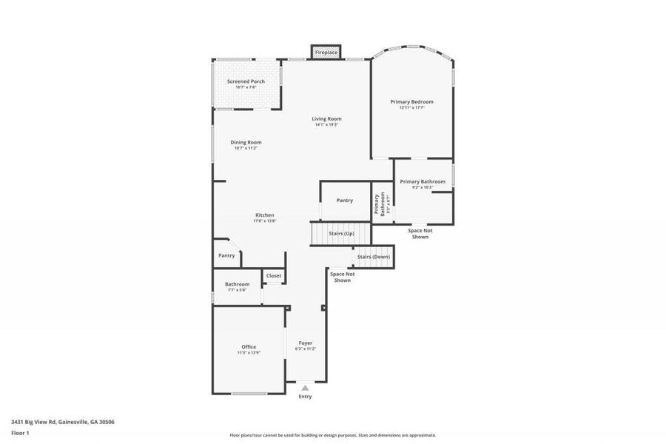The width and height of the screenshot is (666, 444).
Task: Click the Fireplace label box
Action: point(326,53)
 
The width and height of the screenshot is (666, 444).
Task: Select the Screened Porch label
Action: point(246,81)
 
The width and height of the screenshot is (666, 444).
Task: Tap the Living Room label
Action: point(326,118)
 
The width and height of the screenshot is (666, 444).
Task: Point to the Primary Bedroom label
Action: point(411,101)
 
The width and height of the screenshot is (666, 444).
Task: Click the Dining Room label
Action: point(246,142)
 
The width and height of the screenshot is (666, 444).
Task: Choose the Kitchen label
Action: point(264,215)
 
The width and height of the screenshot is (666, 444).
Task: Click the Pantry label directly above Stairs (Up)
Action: point(344,200)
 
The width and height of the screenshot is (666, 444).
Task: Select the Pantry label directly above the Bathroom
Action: point(226,255)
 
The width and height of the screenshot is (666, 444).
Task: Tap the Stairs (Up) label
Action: point(341,233)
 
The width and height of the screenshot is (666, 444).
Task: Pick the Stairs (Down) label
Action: point(373,257)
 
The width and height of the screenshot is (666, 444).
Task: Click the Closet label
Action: point(274,275)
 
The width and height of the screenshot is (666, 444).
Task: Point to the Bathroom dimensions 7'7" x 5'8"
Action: point(237,290)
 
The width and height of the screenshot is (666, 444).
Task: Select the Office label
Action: point(249,346)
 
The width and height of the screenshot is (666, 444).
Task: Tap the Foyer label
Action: point(305,343)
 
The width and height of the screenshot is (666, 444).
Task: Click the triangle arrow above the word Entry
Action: point(305,387)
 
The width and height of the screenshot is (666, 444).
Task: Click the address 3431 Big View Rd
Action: point(62,421)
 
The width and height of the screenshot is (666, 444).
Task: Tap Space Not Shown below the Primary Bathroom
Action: point(420,233)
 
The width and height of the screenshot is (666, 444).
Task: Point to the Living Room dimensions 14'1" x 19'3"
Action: point(326,124)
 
